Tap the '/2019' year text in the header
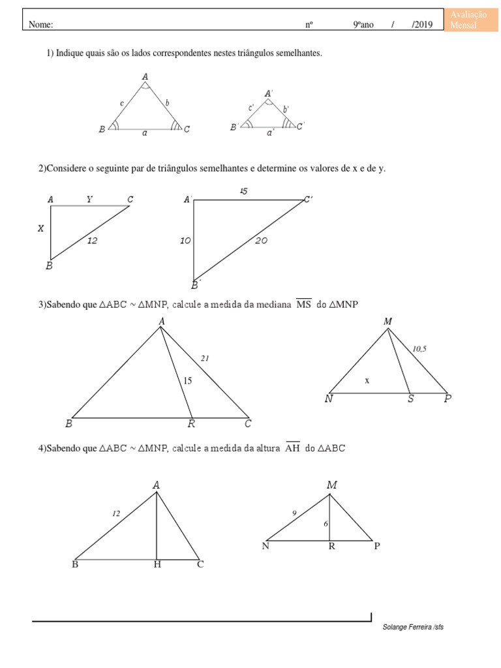(x=422, y=25)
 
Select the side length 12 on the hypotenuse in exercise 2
(x=93, y=241)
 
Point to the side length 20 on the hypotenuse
(x=261, y=241)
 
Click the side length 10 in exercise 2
(x=185, y=241)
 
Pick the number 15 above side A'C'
(x=243, y=191)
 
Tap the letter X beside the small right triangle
(x=41, y=228)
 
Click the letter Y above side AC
(x=89, y=199)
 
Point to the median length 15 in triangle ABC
(x=188, y=381)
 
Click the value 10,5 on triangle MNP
(x=419, y=349)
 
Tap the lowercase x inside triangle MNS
(x=367, y=380)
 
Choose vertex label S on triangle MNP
(x=410, y=399)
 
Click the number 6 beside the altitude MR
(x=325, y=523)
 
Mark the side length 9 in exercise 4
(x=294, y=513)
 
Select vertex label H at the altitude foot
(x=157, y=564)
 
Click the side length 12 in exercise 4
(x=115, y=514)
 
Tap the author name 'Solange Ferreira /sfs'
(x=414, y=627)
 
